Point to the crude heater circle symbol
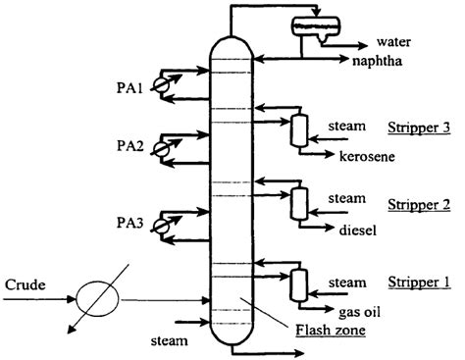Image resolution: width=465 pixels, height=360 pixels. click(x=100, y=295)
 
